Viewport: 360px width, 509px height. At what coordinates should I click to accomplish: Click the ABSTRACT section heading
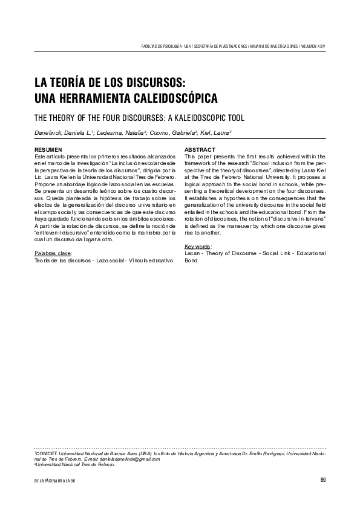click(200, 149)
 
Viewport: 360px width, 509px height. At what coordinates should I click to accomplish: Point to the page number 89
click(323, 480)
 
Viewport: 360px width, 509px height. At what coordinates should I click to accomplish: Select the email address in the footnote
click(132, 459)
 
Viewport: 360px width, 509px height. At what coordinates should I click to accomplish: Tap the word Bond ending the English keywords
click(191, 261)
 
